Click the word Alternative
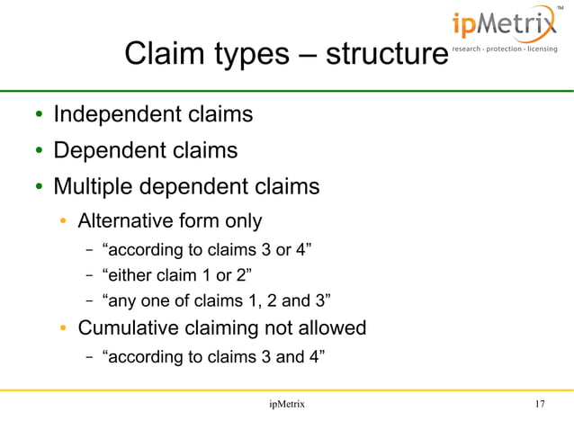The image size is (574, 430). [x=126, y=221]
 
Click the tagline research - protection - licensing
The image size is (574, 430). [x=504, y=49]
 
